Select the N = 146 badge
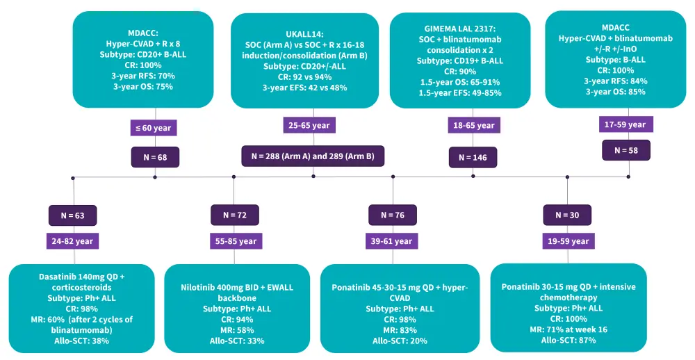click(473, 158)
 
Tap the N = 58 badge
click(628, 149)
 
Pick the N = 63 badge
click(72, 215)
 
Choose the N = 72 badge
click(234, 215)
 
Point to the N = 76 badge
click(393, 215)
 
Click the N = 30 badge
click(567, 215)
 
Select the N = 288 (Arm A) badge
click(313, 156)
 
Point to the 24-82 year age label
click(72, 241)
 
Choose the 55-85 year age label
click(234, 241)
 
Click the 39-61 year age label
click(393, 241)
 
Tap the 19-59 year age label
click(567, 241)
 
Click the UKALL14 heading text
click(304, 33)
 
